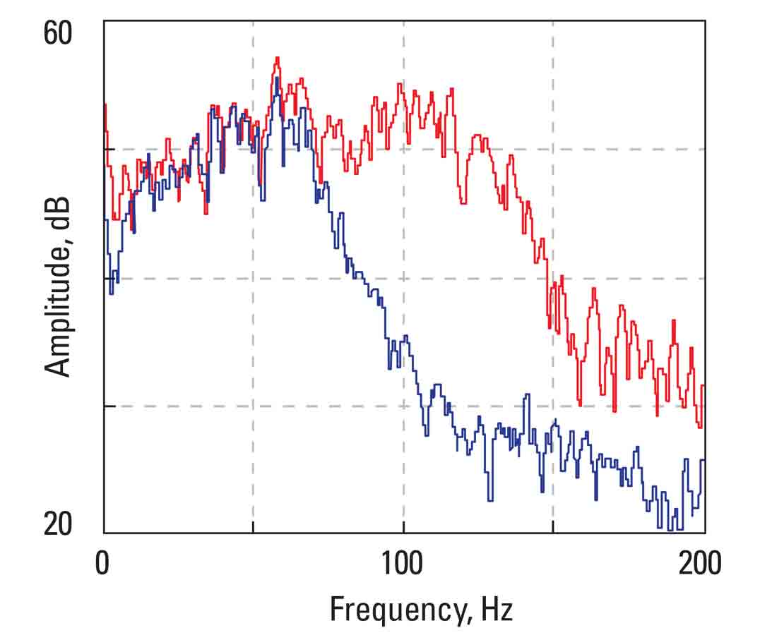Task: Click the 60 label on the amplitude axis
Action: [x=58, y=34]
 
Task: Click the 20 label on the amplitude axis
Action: [x=58, y=525]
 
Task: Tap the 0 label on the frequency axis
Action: [x=104, y=564]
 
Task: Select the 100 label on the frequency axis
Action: [x=403, y=564]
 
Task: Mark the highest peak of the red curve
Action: [x=278, y=58]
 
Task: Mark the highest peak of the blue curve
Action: [x=278, y=78]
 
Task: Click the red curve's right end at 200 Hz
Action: [x=703, y=386]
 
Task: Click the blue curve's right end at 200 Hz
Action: [x=703, y=460]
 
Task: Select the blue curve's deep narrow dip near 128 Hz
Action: [x=488, y=500]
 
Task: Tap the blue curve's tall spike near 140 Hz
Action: [x=525, y=395]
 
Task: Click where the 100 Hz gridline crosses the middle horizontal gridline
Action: [x=403, y=278]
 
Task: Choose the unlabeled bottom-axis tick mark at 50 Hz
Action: [x=254, y=528]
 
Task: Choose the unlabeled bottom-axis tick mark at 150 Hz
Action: [x=553, y=528]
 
